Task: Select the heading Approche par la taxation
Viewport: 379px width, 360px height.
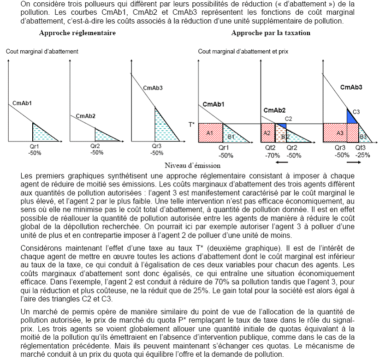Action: [x=271, y=33]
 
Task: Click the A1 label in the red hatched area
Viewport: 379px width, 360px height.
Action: [x=210, y=133]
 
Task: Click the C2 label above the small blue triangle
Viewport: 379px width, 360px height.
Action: [x=289, y=119]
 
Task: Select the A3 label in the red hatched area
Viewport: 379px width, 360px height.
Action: [x=340, y=133]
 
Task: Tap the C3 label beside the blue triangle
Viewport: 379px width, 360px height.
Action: [x=356, y=112]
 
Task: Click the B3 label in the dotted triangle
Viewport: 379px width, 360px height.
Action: [x=363, y=136]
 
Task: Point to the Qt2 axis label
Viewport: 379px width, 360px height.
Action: [x=270, y=148]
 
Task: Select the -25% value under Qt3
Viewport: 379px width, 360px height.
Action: [x=363, y=155]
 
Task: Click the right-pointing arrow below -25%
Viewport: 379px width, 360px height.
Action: [x=353, y=162]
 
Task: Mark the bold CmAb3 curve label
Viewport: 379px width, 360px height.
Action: [x=351, y=87]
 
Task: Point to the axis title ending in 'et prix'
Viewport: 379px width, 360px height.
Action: [x=243, y=51]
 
